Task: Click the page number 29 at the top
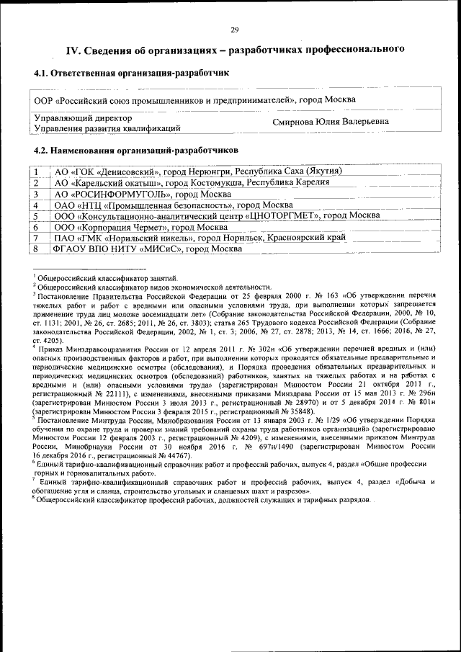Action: pyautogui.click(x=234, y=30)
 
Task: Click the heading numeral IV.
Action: pyautogui.click(x=73, y=50)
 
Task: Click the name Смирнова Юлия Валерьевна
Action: pyautogui.click(x=331, y=122)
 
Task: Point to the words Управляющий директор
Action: pyautogui.click(x=84, y=117)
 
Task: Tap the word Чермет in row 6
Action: pyautogui.click(x=159, y=227)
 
